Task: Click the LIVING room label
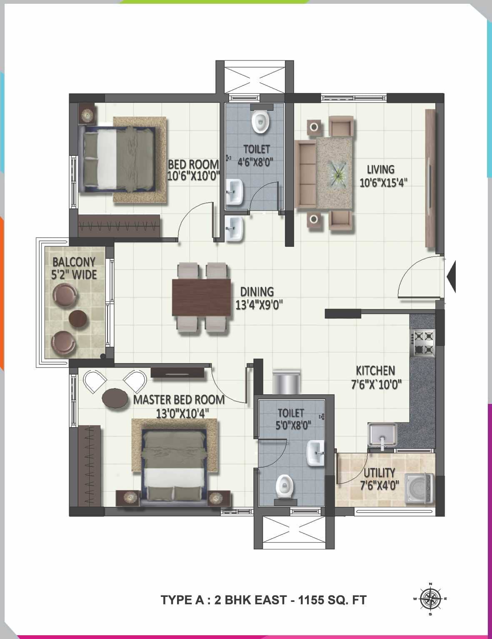(380, 170)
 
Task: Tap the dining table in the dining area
(201, 297)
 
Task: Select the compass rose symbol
(430, 599)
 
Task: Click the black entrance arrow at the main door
(451, 276)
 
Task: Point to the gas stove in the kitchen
(423, 342)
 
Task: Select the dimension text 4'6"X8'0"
(255, 162)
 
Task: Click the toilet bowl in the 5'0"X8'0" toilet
(285, 486)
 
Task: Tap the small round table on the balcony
(78, 319)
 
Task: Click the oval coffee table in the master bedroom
(115, 398)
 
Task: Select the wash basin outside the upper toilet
(234, 228)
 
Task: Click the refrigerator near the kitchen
(286, 381)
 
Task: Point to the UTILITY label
(379, 473)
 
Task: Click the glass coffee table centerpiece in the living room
(337, 172)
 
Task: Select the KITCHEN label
(375, 371)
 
